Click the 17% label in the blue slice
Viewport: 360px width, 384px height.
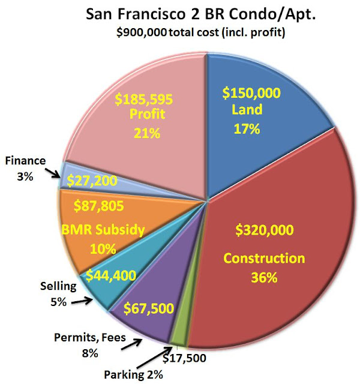(x=247, y=128)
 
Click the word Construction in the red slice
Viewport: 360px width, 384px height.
(x=264, y=259)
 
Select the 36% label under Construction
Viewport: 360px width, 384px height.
(x=262, y=277)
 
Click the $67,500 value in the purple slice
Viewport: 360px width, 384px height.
(x=148, y=309)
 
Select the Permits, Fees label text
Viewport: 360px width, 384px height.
(x=90, y=338)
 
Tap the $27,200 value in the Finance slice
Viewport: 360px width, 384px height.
(x=93, y=179)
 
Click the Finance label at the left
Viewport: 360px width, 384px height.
(x=25, y=161)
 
